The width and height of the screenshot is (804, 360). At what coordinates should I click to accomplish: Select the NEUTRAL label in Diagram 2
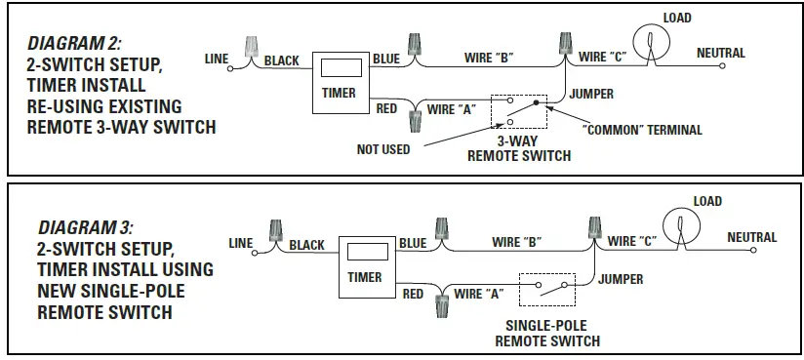point(721,53)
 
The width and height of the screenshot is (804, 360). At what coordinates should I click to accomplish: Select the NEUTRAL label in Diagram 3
point(751,237)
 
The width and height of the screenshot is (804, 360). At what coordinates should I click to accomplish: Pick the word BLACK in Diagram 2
point(282,60)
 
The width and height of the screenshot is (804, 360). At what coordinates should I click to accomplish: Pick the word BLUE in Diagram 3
point(413,243)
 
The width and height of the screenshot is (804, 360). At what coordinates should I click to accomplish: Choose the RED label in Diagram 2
point(386,108)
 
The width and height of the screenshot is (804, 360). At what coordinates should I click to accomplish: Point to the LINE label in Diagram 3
point(241,243)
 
